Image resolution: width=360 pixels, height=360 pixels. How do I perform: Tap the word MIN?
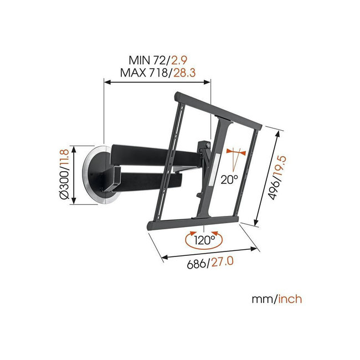point(141,59)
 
